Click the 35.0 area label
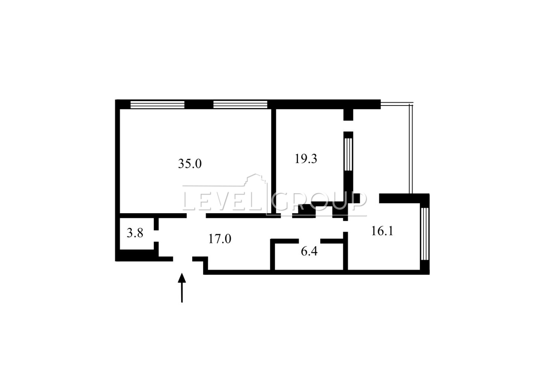click(x=190, y=164)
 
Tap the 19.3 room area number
click(x=306, y=159)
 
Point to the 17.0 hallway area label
click(x=220, y=239)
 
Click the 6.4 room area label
click(x=309, y=251)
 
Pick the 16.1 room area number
click(x=382, y=231)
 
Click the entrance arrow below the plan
click(x=182, y=288)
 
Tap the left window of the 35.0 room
click(x=157, y=105)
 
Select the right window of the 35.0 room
click(x=240, y=105)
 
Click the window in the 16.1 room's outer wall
click(x=425, y=234)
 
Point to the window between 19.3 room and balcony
click(x=348, y=155)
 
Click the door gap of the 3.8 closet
click(x=156, y=236)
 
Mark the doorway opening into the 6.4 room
click(x=310, y=241)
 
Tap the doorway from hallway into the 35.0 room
click(x=196, y=216)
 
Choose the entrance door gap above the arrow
click(x=183, y=259)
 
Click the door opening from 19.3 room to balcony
click(x=348, y=126)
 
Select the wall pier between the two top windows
click(x=199, y=104)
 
